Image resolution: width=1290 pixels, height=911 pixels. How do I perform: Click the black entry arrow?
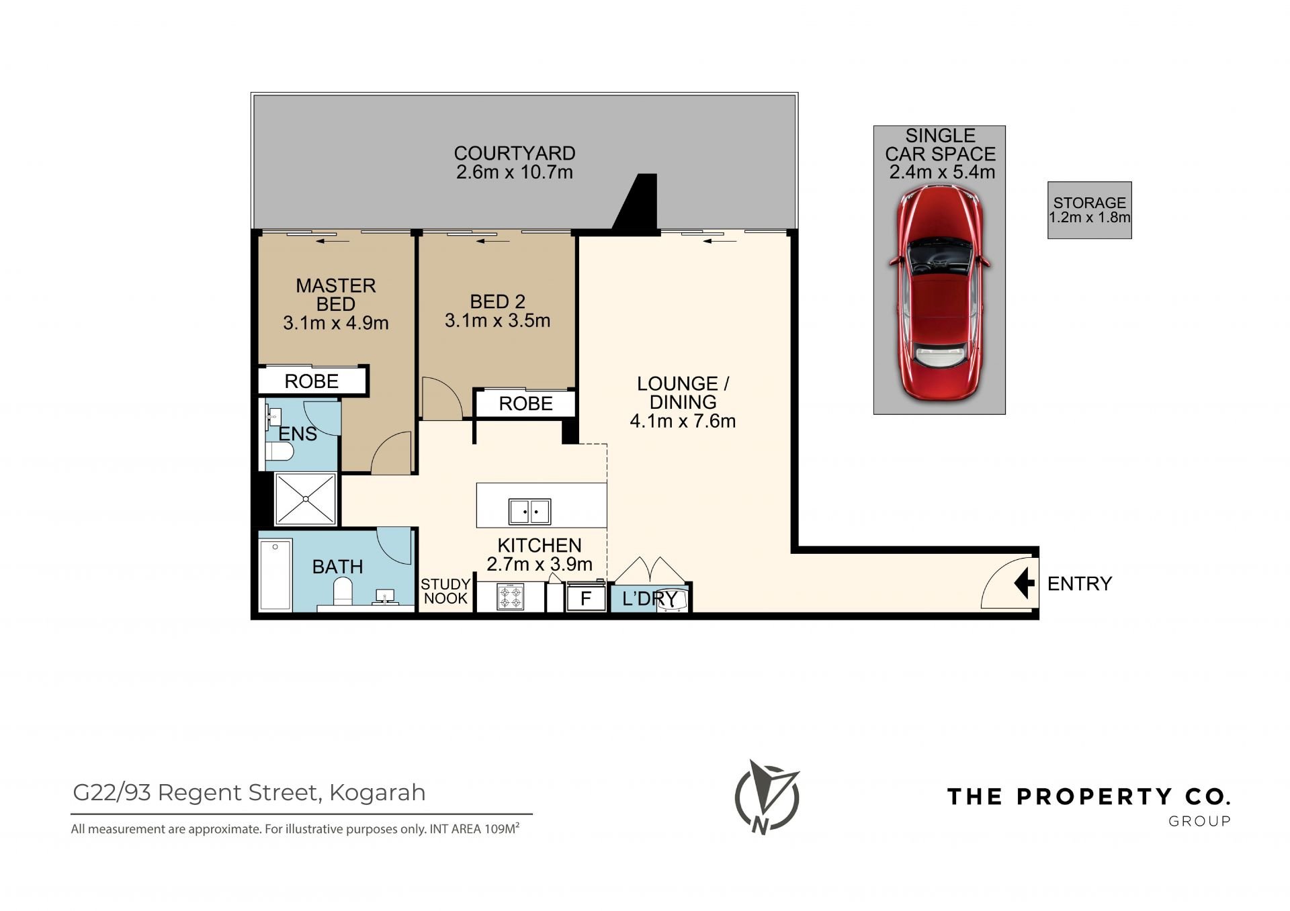click(x=1024, y=583)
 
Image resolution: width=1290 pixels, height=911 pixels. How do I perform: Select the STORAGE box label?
click(x=1089, y=203)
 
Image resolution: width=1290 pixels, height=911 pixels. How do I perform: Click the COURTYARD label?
click(x=515, y=153)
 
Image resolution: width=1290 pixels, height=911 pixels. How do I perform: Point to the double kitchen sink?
click(x=529, y=512)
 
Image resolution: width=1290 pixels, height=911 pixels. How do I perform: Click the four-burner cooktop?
click(x=510, y=596)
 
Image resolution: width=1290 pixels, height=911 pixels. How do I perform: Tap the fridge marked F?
click(x=586, y=598)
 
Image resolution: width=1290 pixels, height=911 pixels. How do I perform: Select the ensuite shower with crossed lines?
click(x=306, y=499)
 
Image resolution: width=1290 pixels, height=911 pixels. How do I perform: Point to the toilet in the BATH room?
click(x=343, y=591)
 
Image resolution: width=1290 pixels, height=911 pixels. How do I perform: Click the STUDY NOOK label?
click(x=445, y=591)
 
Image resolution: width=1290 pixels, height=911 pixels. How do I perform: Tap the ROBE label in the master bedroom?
click(x=312, y=381)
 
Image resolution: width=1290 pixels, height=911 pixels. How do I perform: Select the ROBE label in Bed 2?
click(x=526, y=403)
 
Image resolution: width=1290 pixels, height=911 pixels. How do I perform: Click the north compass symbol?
click(x=767, y=797)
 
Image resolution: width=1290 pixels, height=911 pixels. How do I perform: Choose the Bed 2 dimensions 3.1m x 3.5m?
click(x=497, y=320)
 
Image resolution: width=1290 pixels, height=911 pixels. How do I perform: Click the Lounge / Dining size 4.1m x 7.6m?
click(x=683, y=421)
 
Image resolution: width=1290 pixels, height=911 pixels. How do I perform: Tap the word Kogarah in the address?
click(x=378, y=793)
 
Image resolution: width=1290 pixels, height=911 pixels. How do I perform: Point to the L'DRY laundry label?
click(x=650, y=598)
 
